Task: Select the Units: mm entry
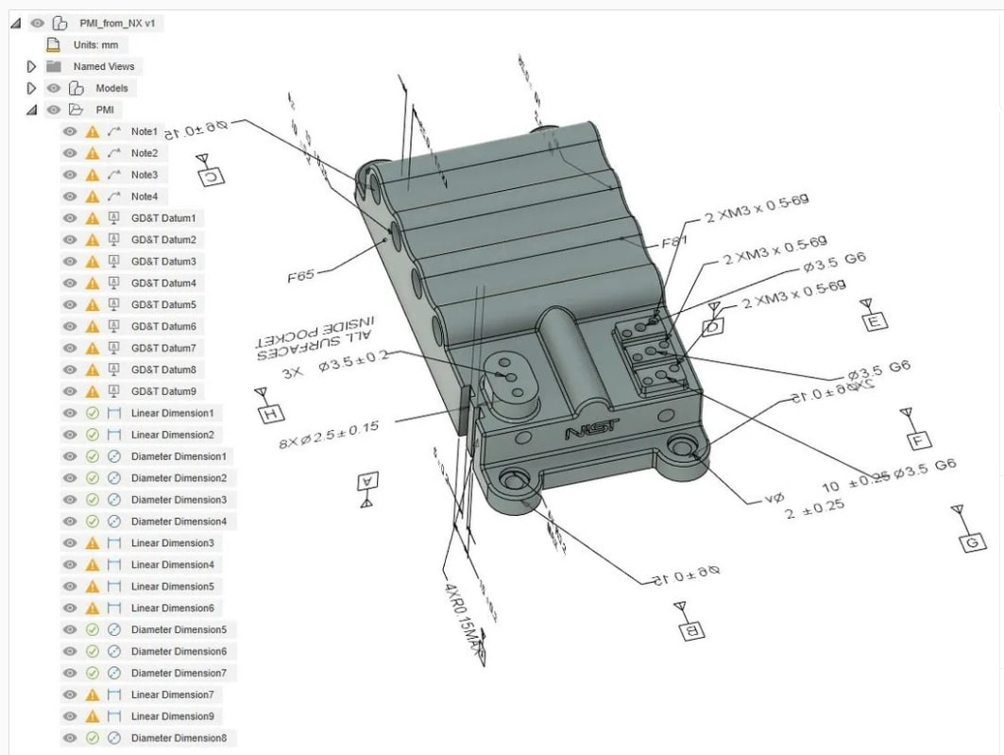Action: pos(95,44)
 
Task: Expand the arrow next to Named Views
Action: pos(31,66)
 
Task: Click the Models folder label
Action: pos(111,88)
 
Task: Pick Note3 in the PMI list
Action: pos(144,175)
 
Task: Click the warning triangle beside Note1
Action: pos(93,131)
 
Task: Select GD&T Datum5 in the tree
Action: pos(163,304)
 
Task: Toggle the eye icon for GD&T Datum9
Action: pos(70,391)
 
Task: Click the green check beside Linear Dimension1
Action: pos(93,413)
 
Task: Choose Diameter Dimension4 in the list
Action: pos(179,521)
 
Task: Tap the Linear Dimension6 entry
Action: pos(172,608)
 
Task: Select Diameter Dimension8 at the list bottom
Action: pos(179,738)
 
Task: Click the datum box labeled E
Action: pos(876,322)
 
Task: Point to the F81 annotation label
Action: pos(673,242)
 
